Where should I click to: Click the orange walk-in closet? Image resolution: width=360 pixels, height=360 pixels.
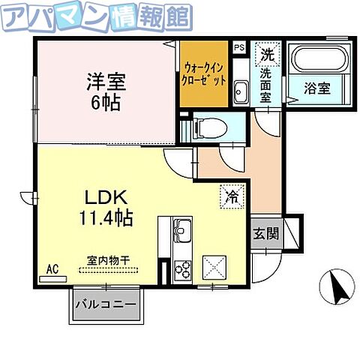(203, 73)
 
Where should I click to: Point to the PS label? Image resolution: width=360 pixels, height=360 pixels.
(239, 47)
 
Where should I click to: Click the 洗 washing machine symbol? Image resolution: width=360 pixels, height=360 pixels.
(268, 53)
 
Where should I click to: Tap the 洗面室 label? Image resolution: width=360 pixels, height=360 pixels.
(268, 85)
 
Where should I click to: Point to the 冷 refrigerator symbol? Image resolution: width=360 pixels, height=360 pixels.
(231, 196)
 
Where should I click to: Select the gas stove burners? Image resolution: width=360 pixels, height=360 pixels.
(182, 268)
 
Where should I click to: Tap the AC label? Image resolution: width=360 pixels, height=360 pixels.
(52, 268)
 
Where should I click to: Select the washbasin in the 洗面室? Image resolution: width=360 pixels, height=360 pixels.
(241, 93)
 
